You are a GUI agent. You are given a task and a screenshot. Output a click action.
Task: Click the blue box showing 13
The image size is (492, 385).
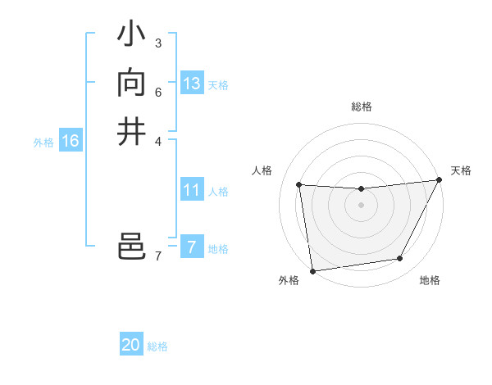point(192,84)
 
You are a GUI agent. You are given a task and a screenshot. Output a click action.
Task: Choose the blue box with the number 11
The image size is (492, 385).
point(192,190)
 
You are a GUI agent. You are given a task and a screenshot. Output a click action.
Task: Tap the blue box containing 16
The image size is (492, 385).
point(71,141)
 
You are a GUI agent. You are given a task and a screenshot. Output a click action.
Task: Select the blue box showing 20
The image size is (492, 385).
point(131,345)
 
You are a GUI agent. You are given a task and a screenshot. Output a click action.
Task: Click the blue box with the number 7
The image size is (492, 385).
point(192,247)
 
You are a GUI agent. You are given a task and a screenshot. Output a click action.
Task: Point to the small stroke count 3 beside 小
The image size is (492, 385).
point(157,43)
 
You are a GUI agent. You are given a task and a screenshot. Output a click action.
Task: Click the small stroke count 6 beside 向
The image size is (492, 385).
point(157,91)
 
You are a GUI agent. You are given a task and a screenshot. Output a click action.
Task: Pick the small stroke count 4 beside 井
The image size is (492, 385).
point(157,140)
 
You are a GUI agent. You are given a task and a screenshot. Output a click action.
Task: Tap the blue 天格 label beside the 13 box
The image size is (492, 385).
point(218,85)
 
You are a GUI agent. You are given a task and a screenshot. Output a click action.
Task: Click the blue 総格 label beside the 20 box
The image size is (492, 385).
point(157,346)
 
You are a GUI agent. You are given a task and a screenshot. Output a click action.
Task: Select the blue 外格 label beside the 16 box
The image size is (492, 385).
point(43,143)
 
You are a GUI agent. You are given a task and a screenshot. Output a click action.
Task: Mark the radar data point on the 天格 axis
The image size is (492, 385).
point(440,180)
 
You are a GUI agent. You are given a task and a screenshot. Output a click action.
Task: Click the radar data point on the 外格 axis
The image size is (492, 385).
point(312,270)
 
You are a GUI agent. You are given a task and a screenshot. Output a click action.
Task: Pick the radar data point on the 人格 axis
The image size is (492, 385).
point(299,185)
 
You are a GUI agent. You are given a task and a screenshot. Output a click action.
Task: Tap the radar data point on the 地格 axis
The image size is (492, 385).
point(400,259)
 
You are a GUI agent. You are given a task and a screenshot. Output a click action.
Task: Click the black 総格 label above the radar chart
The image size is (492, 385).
point(361,106)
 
